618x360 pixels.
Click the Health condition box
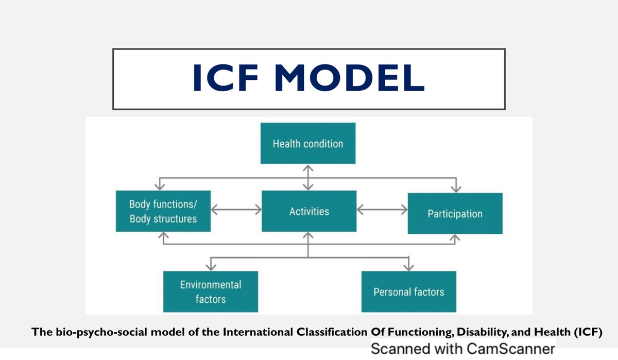(308, 143)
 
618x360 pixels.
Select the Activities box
(309, 211)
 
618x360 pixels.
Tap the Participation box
(455, 214)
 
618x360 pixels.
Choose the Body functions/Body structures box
(163, 211)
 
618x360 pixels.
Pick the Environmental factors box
(211, 292)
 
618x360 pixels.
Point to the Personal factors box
(409, 292)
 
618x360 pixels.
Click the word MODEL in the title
(349, 78)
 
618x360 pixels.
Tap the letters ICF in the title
(226, 78)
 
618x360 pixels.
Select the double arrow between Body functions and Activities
(236, 210)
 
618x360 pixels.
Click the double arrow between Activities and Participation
(382, 210)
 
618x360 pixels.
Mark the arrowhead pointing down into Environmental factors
(211, 267)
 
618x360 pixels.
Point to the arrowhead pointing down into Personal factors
(408, 267)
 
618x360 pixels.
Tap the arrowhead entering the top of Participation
(456, 188)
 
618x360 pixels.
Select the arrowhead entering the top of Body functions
(160, 186)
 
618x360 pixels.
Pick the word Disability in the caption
(482, 332)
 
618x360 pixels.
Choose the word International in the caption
(257, 332)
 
